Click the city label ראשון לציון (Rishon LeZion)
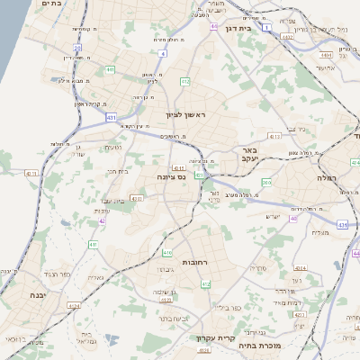pos(185,115)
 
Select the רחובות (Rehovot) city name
pos(196,262)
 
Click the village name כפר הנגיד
pos(56,274)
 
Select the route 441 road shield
pos(108,68)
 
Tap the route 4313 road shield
pos(274,136)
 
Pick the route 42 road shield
pos(103,220)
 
